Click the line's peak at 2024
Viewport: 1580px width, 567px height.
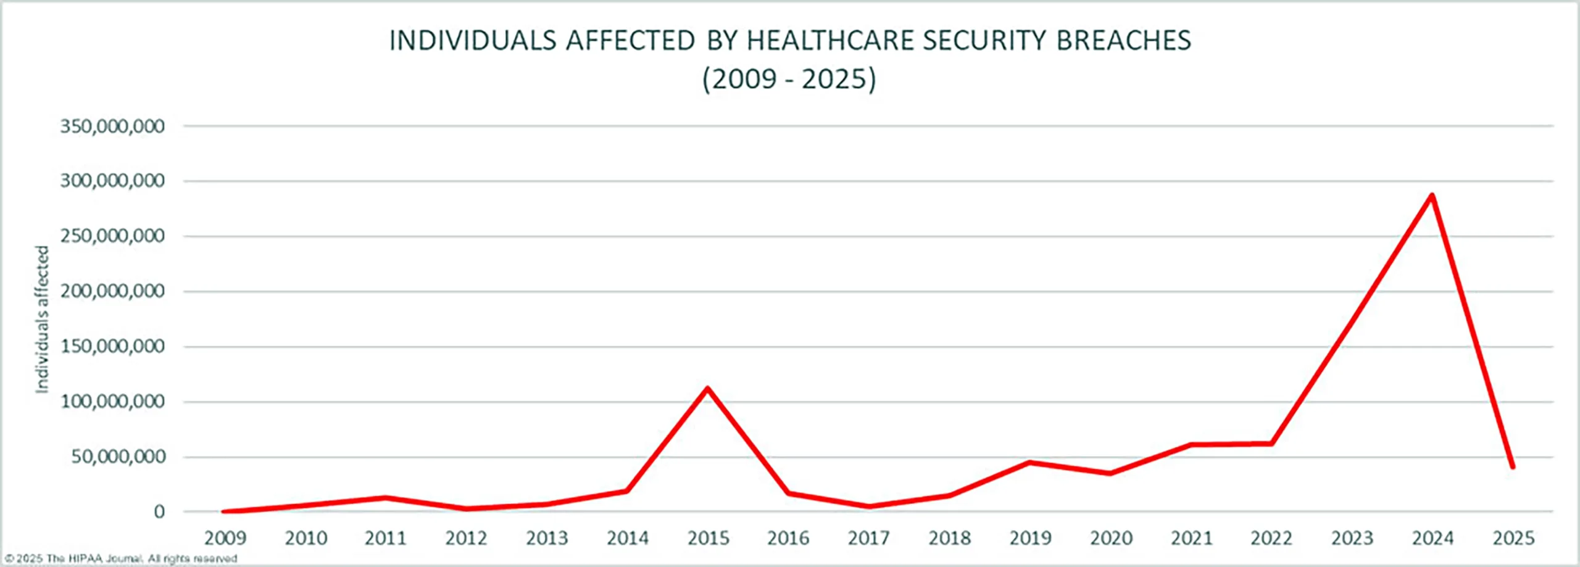[1431, 196]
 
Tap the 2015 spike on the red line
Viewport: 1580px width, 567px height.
[707, 389]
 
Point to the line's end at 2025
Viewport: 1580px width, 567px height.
[1512, 466]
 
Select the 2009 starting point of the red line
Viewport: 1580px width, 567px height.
[225, 511]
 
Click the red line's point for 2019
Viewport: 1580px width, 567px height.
[1029, 462]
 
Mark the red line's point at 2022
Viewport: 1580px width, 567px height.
[1271, 444]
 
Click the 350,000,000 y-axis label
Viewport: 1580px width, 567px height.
[112, 126]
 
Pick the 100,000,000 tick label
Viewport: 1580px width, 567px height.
[112, 402]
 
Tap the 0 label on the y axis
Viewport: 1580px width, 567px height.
[159, 511]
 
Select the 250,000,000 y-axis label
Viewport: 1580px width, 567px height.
[112, 236]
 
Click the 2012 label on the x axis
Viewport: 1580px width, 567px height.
[466, 539]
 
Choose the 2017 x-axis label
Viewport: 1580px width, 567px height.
[868, 539]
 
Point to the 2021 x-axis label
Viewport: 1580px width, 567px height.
[1191, 539]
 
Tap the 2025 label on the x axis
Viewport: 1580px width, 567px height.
[1513, 539]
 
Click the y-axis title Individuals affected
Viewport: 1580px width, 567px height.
[42, 319]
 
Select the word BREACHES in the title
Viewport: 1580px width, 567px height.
[1123, 41]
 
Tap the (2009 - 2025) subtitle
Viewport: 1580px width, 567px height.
[789, 80]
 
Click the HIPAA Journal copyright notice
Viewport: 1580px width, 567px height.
[121, 559]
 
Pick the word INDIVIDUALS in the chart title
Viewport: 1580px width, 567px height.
[473, 41]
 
